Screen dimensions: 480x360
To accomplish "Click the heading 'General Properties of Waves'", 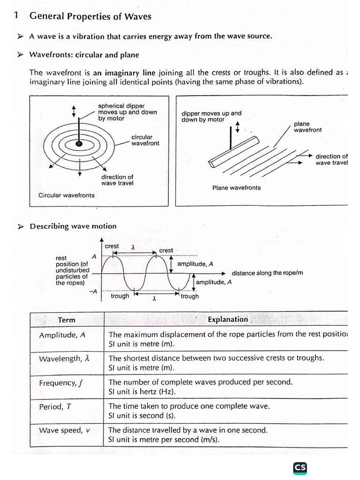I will coord(90,16).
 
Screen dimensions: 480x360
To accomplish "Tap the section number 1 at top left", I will coord(16,15).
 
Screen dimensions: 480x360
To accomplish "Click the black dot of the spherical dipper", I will coord(80,142).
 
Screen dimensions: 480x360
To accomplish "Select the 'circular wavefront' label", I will coord(145,140).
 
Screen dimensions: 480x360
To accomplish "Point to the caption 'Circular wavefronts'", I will coord(66,195).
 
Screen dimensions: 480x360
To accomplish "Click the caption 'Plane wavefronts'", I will coord(236,187).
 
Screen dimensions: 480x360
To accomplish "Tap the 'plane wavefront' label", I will coord(307,127).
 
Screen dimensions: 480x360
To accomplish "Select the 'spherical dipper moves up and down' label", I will coord(127,112).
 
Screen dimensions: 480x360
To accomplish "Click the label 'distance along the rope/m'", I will coord(267,273).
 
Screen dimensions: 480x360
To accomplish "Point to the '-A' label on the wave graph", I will coord(93,291).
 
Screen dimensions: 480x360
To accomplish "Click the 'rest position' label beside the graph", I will coord(71,270).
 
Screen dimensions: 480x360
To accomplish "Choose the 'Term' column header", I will coord(67,320).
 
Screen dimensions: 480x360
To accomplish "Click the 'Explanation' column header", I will coord(228,319).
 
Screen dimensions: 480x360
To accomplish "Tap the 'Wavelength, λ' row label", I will coord(64,359).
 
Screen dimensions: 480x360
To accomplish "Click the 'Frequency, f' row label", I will coord(61,383).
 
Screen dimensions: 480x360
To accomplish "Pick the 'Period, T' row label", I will coord(55,406).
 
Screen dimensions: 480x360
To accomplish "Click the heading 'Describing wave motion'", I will coord(73,226).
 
